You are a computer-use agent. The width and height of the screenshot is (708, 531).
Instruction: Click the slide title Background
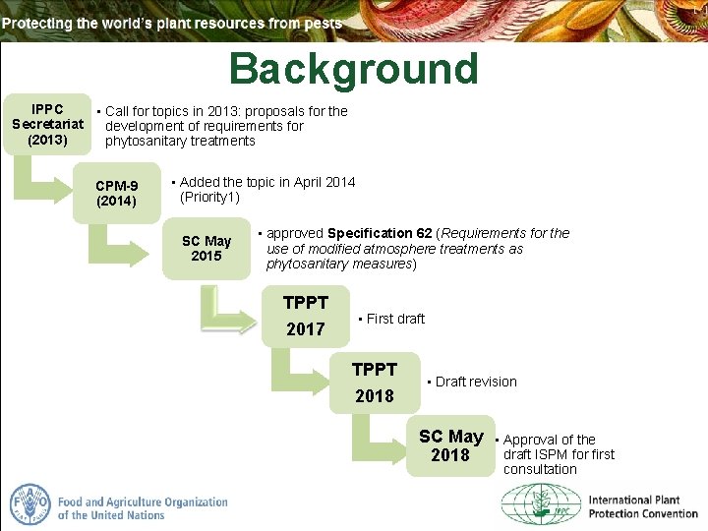point(353,70)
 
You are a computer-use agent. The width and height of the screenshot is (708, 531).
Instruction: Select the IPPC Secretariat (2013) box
point(48,124)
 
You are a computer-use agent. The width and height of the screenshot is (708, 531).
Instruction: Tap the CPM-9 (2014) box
point(117,194)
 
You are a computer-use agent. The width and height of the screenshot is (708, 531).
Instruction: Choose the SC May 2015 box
point(206,249)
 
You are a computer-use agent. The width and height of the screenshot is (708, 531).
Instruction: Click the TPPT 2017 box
point(305,316)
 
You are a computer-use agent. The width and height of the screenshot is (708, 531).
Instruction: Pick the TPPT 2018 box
point(374,383)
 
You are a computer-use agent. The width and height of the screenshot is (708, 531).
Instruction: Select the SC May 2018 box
point(450,445)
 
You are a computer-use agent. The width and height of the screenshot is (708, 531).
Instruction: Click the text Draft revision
point(475,382)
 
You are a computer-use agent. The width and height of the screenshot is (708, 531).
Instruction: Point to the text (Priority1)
point(209,198)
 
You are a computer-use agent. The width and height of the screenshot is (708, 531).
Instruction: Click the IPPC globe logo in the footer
point(541,506)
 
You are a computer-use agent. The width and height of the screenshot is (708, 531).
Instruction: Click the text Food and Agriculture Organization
point(143,507)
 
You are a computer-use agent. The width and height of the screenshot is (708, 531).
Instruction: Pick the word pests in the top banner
point(322,23)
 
